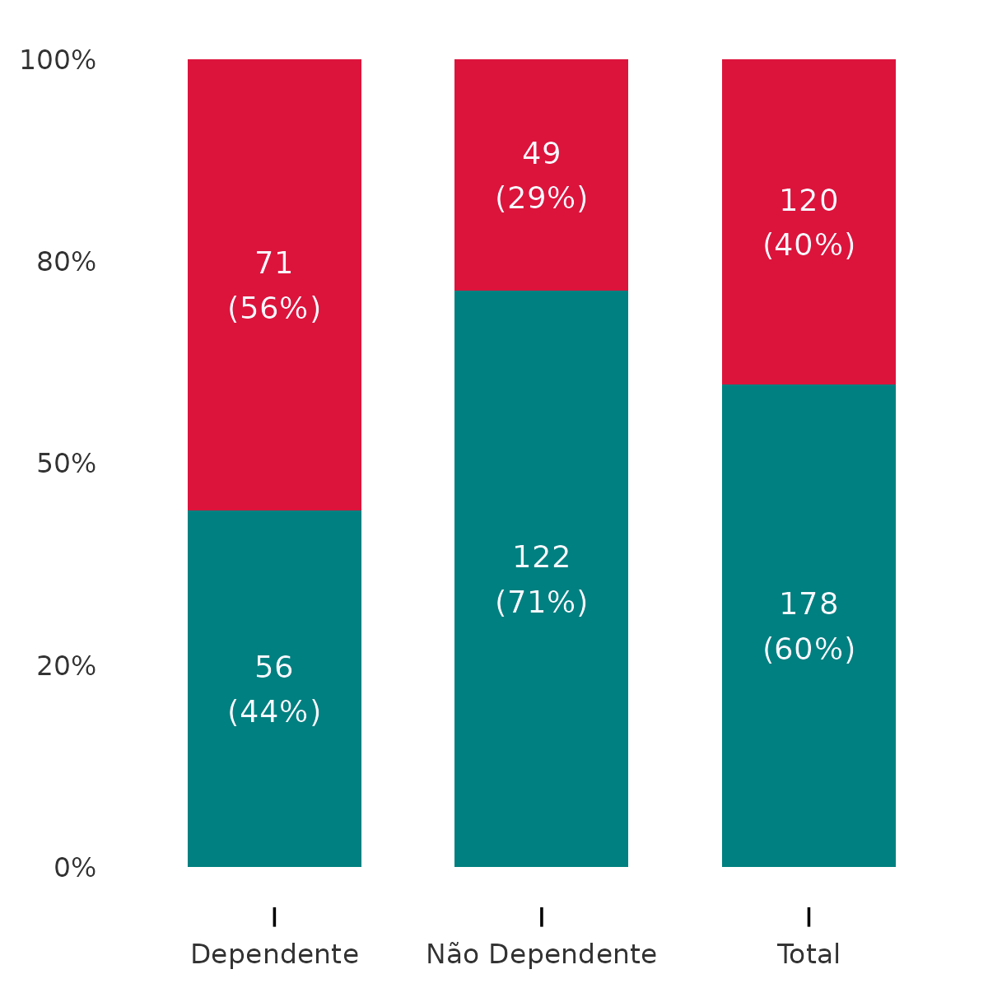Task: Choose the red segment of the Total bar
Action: pyautogui.click(x=809, y=313)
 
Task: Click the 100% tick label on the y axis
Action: pyautogui.click(x=58, y=60)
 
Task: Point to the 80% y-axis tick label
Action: pyautogui.click(x=66, y=263)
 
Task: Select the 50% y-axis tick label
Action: pyautogui.click(x=66, y=464)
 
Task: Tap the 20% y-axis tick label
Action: pyautogui.click(x=66, y=666)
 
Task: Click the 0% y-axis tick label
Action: pyautogui.click(x=75, y=868)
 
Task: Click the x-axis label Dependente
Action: pyautogui.click(x=274, y=955)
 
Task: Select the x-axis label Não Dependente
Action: pyautogui.click(x=541, y=955)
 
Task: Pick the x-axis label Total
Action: pyautogui.click(x=809, y=955)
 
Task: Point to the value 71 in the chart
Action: pyautogui.click(x=274, y=263)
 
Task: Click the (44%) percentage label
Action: pyautogui.click(x=274, y=712)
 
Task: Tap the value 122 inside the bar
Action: pyautogui.click(x=541, y=558)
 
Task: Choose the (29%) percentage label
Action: pyautogui.click(x=541, y=198)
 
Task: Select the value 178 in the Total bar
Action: pyautogui.click(x=809, y=605)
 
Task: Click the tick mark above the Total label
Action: pyautogui.click(x=809, y=916)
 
